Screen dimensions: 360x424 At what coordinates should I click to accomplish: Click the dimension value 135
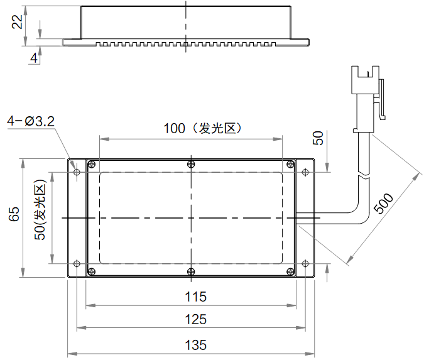[x=196, y=345]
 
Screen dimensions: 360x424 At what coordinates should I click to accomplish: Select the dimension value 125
[x=196, y=319]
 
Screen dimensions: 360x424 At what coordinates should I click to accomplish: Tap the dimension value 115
[x=196, y=297]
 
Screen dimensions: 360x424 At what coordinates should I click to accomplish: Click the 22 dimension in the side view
[x=18, y=22]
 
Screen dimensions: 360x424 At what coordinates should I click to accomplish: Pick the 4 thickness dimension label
[x=33, y=57]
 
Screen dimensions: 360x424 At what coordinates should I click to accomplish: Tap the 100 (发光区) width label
[x=202, y=129]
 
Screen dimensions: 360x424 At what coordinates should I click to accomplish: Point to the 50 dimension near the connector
[x=318, y=138]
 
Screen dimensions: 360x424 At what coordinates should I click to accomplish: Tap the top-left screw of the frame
[x=92, y=165]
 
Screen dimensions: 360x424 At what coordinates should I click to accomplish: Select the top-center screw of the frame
[x=191, y=165]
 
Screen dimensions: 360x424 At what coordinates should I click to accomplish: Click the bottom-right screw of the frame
[x=290, y=271]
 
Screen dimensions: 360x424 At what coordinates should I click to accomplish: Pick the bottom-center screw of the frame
[x=191, y=271]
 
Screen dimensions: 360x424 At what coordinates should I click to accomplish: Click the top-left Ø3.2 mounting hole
[x=77, y=171]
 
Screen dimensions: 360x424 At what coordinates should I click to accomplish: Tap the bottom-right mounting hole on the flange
[x=305, y=263]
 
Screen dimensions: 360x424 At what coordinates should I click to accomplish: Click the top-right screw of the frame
[x=290, y=165]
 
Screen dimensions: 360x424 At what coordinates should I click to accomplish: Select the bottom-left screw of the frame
[x=92, y=271]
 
